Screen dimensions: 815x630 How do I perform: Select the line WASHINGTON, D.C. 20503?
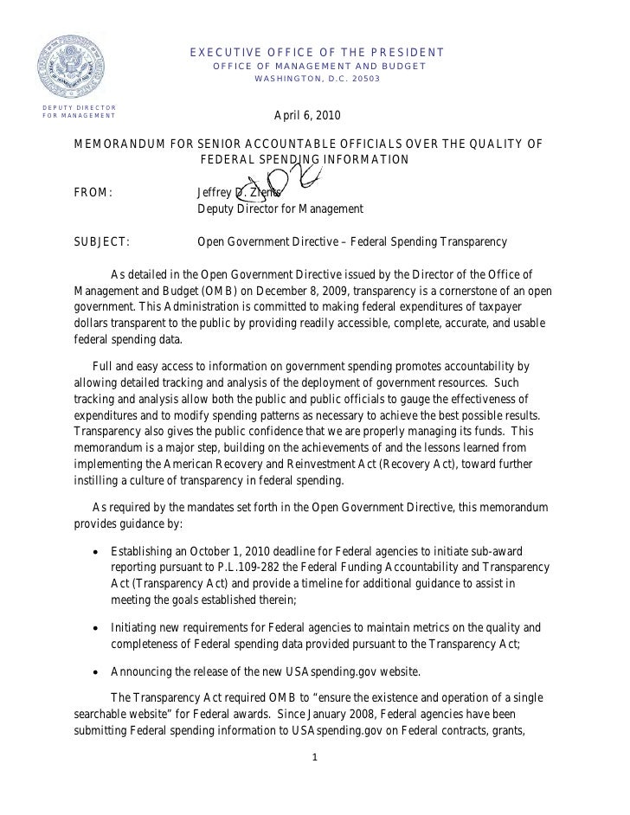(317, 80)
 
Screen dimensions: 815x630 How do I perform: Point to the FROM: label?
(93, 192)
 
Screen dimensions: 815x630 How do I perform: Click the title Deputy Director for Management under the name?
(280, 209)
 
